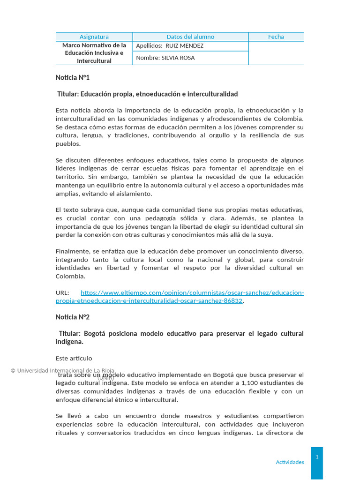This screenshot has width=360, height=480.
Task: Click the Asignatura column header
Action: pos(94,37)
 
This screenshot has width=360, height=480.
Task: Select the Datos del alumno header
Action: pos(190,37)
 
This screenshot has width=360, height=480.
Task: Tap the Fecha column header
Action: pos(276,37)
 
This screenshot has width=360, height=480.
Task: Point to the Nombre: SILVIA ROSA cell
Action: pos(165,58)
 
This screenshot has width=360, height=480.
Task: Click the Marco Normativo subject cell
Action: pos(94,53)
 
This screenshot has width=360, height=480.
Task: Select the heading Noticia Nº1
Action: pos(72,77)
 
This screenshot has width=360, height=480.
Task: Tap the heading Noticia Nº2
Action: pos(72,317)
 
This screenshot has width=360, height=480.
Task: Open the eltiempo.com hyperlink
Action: pos(192,293)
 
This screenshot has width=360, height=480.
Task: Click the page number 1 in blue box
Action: pos(317,457)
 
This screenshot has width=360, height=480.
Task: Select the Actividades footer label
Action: pos(290,462)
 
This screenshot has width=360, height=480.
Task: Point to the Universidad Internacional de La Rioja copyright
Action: pos(63,370)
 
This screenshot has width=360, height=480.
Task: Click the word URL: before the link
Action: pos(62,293)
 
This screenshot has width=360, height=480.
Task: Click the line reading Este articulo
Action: pos(74,359)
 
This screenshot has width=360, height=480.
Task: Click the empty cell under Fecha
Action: pos(276,53)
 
